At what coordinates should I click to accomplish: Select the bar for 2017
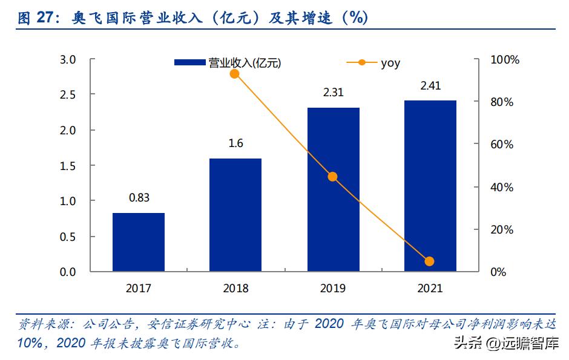coord(139,242)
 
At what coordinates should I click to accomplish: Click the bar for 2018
coord(235,215)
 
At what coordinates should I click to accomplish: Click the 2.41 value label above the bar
coord(430,85)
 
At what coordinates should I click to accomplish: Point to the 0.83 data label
coord(139,197)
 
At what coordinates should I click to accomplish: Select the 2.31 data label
coord(333,93)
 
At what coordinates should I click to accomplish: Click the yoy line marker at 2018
coord(235,74)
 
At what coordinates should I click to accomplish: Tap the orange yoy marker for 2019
coord(332,177)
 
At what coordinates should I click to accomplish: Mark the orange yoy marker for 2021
coord(430,261)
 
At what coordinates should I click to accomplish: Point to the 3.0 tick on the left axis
coord(68,60)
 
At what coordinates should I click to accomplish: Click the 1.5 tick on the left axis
coord(68,166)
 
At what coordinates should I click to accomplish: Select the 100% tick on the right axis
coord(505,60)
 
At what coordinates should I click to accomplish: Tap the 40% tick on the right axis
coord(502,188)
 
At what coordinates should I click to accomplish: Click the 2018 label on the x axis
coord(235,289)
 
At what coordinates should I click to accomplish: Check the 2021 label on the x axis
coord(430,289)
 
